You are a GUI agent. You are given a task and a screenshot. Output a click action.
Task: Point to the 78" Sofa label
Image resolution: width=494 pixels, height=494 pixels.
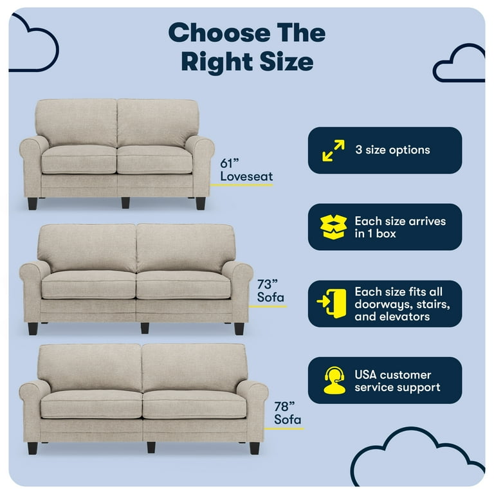pos(287,413)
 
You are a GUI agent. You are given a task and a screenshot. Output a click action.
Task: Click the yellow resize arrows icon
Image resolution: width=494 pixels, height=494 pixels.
pos(333,151)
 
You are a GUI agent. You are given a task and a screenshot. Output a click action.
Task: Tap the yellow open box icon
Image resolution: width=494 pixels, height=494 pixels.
pos(333,227)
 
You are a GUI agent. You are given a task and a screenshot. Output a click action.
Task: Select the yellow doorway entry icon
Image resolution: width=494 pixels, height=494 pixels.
pos(332,304)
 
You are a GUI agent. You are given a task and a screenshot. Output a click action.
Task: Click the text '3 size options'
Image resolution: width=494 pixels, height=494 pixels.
pos(392,151)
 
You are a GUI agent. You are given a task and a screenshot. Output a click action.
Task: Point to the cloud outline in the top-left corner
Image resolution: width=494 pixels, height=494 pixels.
pos(32,42)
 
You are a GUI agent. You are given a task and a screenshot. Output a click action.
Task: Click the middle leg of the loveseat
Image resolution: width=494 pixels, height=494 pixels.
pos(125,203)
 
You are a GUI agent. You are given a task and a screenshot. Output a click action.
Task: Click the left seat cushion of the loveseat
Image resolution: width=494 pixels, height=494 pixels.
pos(78,158)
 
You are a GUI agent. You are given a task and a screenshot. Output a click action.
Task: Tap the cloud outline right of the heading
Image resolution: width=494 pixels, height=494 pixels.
pos(459,64)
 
